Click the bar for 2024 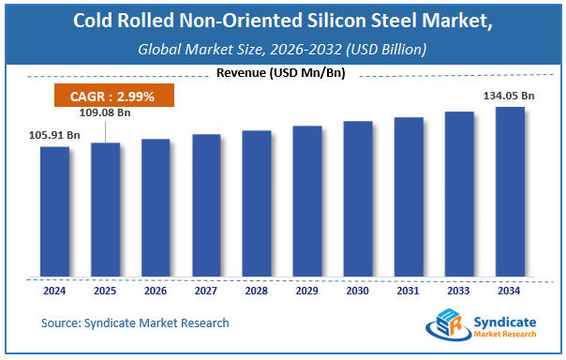pos(54,212)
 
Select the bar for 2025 pos(105,210)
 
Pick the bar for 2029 pos(307,202)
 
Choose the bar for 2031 pos(409,197)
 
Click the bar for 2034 pos(510,192)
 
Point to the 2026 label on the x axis pos(156,290)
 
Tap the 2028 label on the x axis pos(257,290)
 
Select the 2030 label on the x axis pos(358,290)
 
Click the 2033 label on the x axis pos(459,290)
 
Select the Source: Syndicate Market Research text pos(135,322)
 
